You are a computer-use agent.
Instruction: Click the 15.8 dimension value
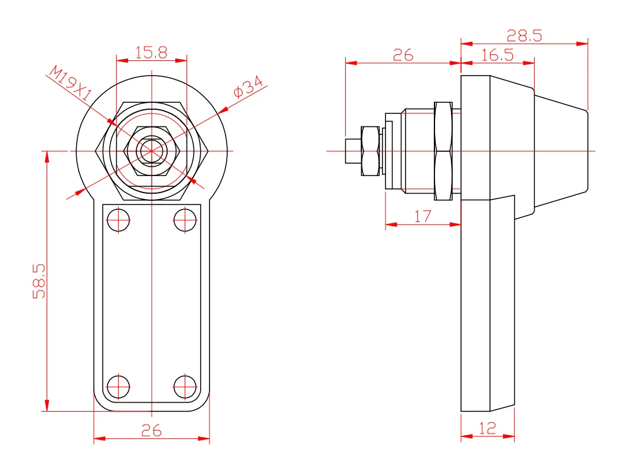pyautogui.click(x=151, y=53)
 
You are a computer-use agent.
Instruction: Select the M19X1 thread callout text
pyautogui.click(x=70, y=84)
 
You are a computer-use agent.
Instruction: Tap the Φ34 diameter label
pyautogui.click(x=248, y=87)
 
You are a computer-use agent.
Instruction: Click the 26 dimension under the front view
pyautogui.click(x=151, y=431)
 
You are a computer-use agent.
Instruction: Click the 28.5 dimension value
pyautogui.click(x=524, y=36)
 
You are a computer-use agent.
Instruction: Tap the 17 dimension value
pyautogui.click(x=423, y=217)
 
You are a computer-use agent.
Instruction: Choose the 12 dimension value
pyautogui.click(x=487, y=429)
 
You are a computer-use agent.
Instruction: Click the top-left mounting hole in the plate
pyautogui.click(x=118, y=221)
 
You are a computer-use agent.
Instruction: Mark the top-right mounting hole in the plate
pyautogui.click(x=185, y=221)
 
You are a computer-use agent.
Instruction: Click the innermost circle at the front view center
pyautogui.click(x=151, y=151)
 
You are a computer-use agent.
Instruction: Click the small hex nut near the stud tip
pyautogui.click(x=370, y=151)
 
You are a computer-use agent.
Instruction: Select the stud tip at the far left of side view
pyautogui.click(x=352, y=151)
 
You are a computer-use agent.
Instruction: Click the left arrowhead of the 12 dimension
pyautogui.click(x=465, y=437)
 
